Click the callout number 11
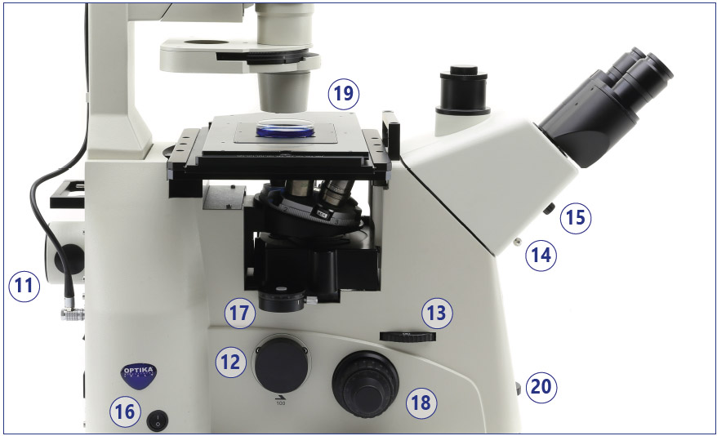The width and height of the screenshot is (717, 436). point(24,286)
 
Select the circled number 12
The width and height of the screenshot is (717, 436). point(230,362)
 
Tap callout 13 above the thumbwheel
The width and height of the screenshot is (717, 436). point(437,313)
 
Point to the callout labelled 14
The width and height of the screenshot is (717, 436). point(541,255)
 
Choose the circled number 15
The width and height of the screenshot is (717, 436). point(576,218)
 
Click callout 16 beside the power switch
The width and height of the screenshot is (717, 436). point(125,412)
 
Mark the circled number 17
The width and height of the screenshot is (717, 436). point(239,313)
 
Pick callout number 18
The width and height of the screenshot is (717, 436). point(421,403)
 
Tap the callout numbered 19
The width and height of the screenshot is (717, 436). point(344,94)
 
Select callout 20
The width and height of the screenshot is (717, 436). point(541,387)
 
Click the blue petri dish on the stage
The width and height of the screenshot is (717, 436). point(285,128)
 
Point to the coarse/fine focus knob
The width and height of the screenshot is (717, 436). point(365,384)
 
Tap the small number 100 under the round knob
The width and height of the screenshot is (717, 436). point(280,403)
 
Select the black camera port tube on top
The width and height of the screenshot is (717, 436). point(463,91)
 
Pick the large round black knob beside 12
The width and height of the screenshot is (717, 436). point(281,366)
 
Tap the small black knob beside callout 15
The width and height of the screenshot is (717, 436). point(549,209)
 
